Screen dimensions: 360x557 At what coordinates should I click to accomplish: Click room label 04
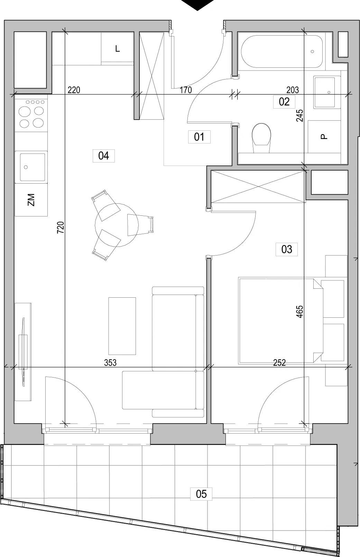[103, 156]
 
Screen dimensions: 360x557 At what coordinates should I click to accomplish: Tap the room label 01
[199, 137]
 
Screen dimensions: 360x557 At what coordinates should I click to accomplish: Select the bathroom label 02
[284, 102]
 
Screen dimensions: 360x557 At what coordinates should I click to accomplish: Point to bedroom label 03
[287, 249]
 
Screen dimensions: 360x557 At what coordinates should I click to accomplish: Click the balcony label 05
[201, 494]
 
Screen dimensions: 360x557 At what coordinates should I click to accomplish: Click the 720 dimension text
[61, 227]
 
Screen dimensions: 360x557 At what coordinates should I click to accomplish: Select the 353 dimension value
[110, 363]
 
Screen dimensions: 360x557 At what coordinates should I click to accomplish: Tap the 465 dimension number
[300, 312]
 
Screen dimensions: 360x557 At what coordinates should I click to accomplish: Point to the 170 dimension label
[186, 90]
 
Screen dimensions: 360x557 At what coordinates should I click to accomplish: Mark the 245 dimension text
[300, 115]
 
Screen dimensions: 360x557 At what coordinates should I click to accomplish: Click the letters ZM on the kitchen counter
[31, 200]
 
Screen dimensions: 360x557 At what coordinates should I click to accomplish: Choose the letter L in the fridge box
[118, 49]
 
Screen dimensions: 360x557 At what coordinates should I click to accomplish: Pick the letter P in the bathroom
[324, 137]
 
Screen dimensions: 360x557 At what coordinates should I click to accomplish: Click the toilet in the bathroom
[261, 138]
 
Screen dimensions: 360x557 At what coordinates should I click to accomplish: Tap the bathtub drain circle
[312, 52]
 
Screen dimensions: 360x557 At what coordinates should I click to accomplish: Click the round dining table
[117, 225]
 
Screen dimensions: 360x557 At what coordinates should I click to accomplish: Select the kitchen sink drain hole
[26, 167]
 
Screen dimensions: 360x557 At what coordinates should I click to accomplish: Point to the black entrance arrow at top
[197, 5]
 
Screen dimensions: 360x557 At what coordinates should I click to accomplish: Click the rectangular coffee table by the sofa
[122, 326]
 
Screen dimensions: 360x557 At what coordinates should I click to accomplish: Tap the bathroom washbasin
[327, 92]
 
